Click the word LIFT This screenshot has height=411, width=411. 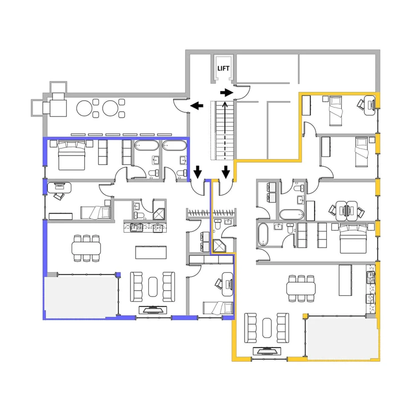pyautogui.click(x=223, y=68)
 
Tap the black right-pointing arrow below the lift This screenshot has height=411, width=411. pyautogui.click(x=227, y=92)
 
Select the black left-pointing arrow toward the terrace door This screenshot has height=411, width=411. pyautogui.click(x=196, y=105)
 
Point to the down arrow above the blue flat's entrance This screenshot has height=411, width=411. pyautogui.click(x=198, y=172)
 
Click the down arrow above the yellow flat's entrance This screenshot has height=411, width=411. pyautogui.click(x=226, y=172)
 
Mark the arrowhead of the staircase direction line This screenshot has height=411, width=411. pyautogui.click(x=224, y=104)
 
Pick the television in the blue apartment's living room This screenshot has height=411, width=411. pyautogui.click(x=153, y=309)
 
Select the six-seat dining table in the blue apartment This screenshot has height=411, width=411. pyautogui.click(x=86, y=248)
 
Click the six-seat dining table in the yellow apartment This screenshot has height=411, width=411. pyautogui.click(x=301, y=288)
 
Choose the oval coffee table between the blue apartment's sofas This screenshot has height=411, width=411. pyautogui.click(x=153, y=287)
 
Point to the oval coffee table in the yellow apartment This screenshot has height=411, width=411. pyautogui.click(x=267, y=328)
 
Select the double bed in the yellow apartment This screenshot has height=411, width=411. pyautogui.click(x=353, y=239)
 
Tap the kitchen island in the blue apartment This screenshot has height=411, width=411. pyautogui.click(x=151, y=253)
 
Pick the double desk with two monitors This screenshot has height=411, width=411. pyautogui.click(x=346, y=211)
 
